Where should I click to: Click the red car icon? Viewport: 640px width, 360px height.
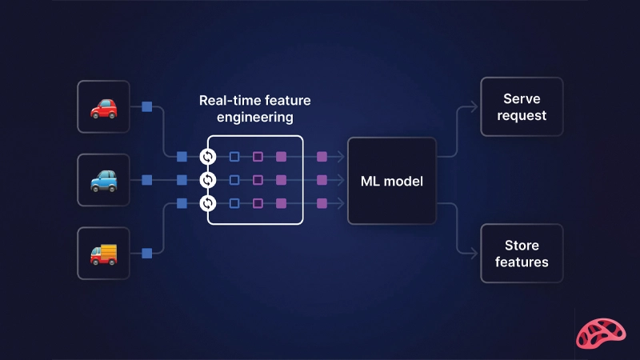point(103,106)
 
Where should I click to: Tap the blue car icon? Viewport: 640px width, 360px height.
point(103,180)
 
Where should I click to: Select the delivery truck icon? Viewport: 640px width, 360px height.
point(103,254)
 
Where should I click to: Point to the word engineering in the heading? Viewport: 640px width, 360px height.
point(255,118)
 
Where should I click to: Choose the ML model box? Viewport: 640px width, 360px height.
point(391,181)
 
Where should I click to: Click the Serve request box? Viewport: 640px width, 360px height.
point(521,107)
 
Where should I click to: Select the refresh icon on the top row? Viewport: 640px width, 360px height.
point(208,156)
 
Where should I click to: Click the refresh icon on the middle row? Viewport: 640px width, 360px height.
point(208,180)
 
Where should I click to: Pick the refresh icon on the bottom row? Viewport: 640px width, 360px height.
point(208,203)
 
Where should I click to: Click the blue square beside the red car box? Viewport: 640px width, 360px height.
point(146,106)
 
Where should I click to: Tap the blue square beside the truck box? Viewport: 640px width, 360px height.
point(146,254)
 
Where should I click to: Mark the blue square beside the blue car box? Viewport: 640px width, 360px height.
point(146,180)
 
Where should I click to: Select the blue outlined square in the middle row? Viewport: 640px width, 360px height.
point(234,180)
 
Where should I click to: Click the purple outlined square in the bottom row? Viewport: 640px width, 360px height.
point(258,203)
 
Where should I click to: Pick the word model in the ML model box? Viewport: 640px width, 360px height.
point(404,181)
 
